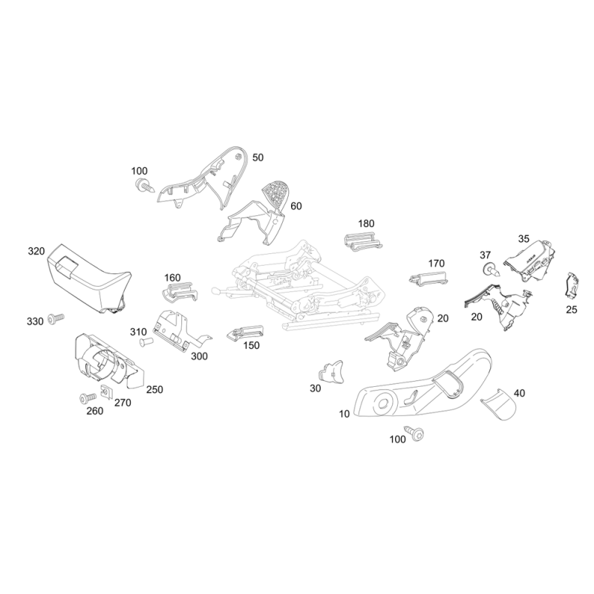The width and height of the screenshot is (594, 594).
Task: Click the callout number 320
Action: [x=36, y=251]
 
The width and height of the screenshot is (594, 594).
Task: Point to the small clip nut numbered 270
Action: [x=106, y=392]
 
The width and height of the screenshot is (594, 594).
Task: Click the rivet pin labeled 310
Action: [x=146, y=342]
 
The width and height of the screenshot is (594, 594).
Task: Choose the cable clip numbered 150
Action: [x=245, y=331]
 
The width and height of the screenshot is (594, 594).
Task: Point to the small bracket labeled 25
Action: [x=572, y=284]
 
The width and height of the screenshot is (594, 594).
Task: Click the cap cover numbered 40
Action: [x=499, y=405]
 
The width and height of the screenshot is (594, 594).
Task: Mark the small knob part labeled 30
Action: [x=332, y=371]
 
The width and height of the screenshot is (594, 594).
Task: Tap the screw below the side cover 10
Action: [x=414, y=432]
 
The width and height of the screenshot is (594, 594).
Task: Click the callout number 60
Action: [x=296, y=206]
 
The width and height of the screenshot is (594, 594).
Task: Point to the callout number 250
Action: [x=154, y=389]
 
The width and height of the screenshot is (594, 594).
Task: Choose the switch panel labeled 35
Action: [x=529, y=261]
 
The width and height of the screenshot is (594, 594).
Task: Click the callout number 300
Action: [x=199, y=356]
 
